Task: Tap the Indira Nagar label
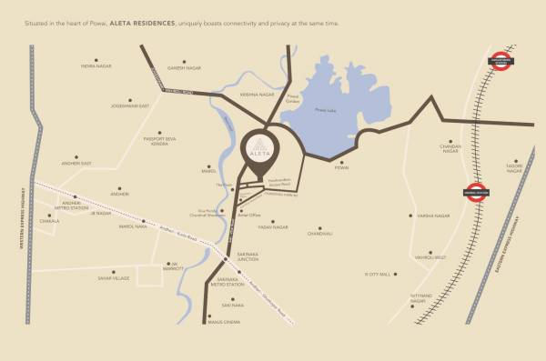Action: click(x=95, y=66)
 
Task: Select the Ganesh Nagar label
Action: click(x=182, y=67)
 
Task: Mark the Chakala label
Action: click(x=49, y=220)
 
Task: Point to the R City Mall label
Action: click(x=377, y=273)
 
